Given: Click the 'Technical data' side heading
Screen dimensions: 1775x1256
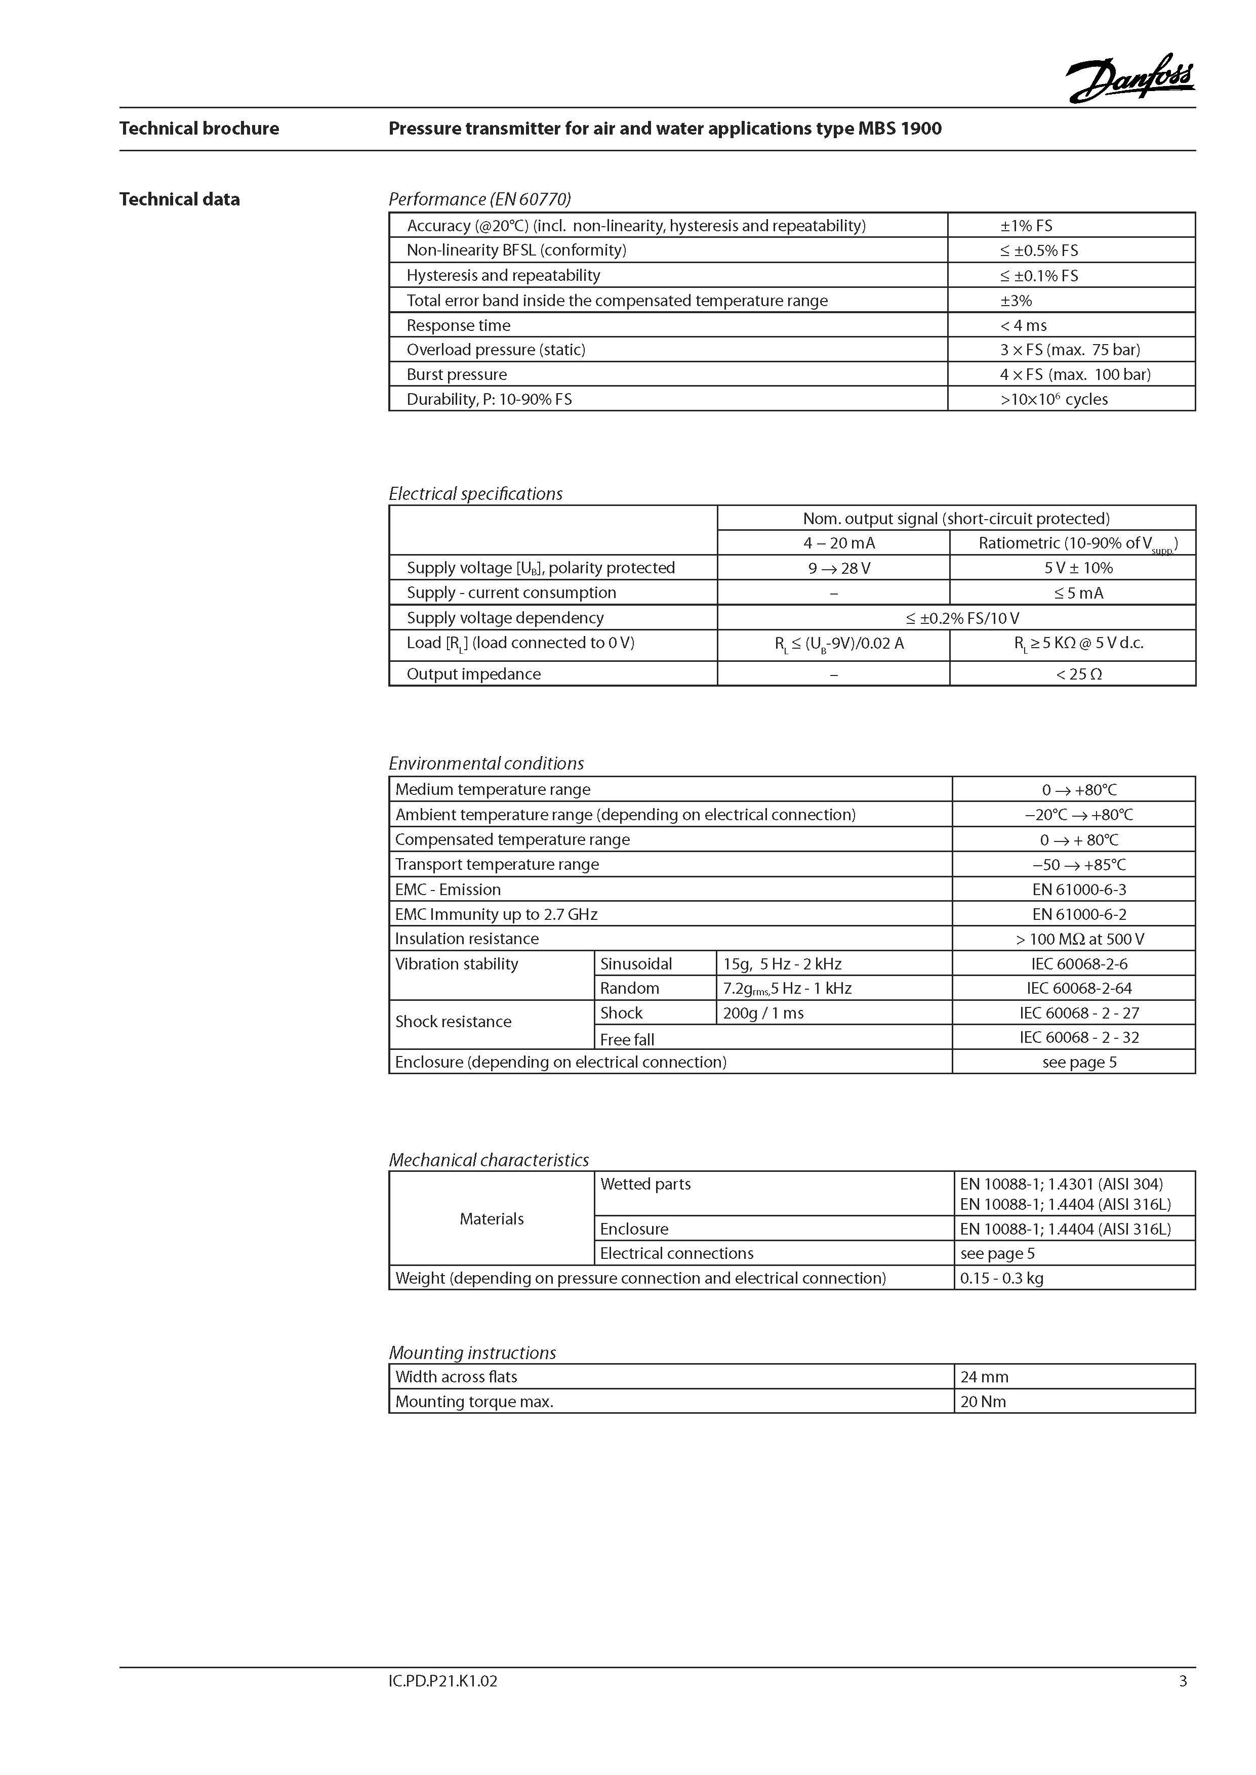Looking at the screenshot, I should tap(179, 199).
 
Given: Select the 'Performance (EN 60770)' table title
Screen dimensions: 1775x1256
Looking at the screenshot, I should tap(479, 199).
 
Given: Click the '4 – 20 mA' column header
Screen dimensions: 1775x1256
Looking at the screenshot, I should tap(839, 543).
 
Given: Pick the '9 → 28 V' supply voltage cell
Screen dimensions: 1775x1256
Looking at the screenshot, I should tap(839, 568).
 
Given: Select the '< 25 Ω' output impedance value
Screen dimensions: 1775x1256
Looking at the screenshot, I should tap(1079, 674).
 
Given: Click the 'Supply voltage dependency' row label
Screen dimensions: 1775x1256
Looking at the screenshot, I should tap(505, 618).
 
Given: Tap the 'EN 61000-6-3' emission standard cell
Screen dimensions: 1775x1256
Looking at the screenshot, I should tap(1079, 889).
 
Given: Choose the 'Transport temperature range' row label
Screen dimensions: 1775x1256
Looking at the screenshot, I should tap(497, 864).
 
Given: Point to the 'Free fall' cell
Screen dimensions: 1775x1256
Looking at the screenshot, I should tap(627, 1039).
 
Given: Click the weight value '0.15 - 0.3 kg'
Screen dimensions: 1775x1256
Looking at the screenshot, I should tap(1001, 1278).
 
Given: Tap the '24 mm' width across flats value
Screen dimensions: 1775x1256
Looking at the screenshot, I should tap(984, 1377).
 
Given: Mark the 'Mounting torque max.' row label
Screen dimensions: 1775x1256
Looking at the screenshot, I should tap(474, 1402).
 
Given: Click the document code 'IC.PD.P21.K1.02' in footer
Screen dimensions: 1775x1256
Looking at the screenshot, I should tap(442, 1681).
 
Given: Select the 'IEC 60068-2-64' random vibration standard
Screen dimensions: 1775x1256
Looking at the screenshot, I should tap(1079, 988).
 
